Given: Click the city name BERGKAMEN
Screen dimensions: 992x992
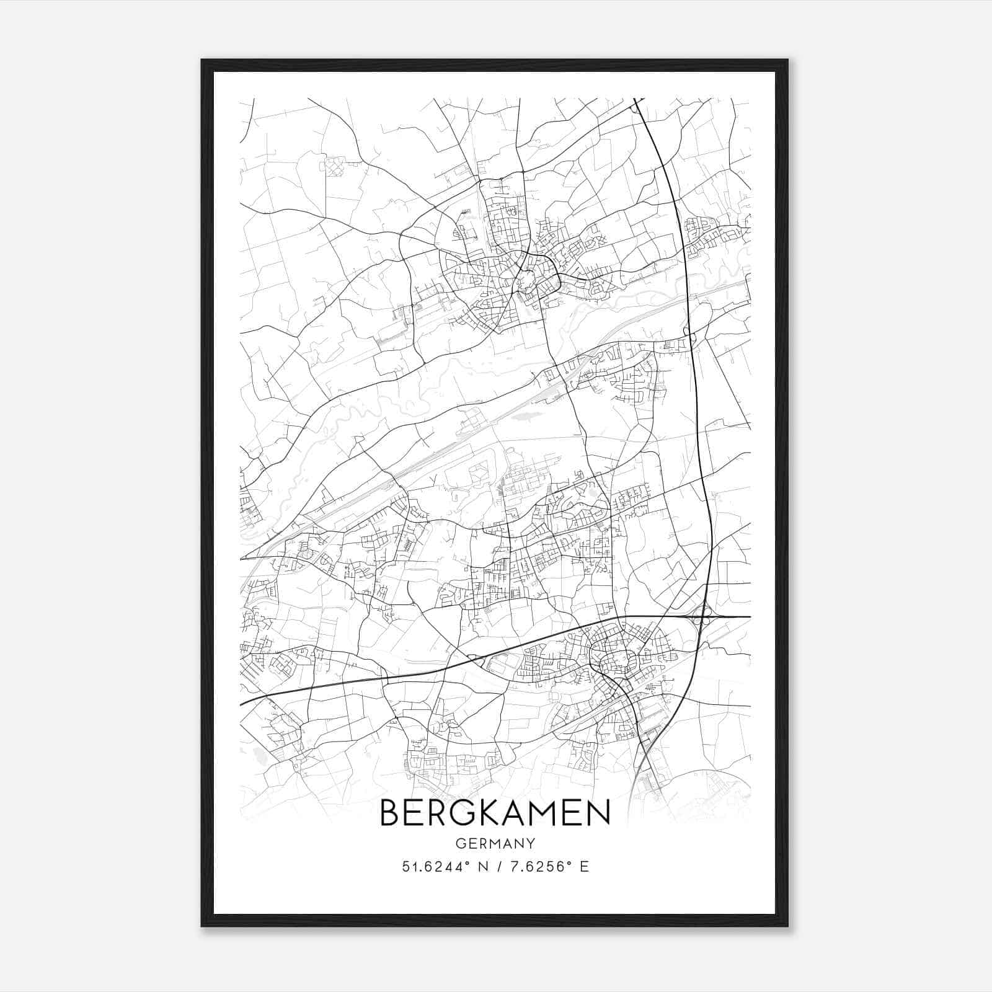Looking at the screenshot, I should pos(495,813).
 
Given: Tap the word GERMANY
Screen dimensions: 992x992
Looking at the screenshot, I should pos(495,843).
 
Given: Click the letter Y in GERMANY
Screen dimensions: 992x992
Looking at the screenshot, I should pos(531,843).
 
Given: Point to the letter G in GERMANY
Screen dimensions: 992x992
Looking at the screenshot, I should pos(459,843).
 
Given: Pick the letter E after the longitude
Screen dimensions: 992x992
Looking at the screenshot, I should pos(584,866).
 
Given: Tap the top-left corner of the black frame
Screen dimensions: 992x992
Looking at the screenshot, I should pos(202,60).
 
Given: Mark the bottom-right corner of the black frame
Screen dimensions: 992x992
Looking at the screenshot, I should pos(787,926).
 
